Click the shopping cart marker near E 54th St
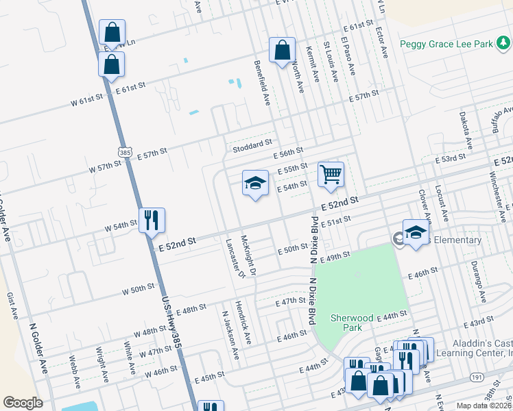pos(331,175)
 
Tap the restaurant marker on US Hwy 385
pos(152,221)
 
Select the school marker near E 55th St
pos(255,184)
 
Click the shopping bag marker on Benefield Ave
pos(282,50)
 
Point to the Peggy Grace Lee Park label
pos(446,45)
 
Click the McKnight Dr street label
pos(248,256)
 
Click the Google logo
pos(23,403)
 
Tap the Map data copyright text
pos(484,406)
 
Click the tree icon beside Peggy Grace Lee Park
pos(503,45)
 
